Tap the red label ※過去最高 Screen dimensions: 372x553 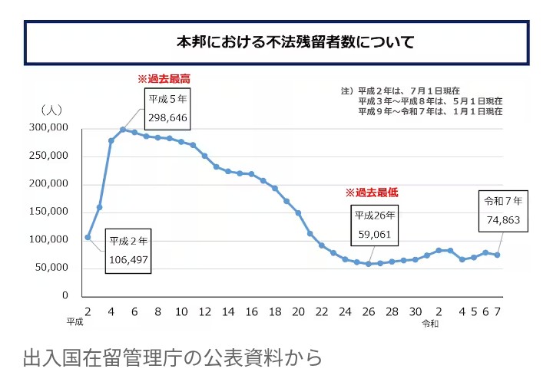click(163, 79)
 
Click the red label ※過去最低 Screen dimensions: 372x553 click(371, 193)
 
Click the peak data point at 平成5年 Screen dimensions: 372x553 click(123, 130)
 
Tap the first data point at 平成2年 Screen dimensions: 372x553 click(88, 237)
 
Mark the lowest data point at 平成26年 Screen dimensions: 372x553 click(369, 264)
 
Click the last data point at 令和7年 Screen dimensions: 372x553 click(497, 255)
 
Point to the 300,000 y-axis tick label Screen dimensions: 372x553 click(48, 128)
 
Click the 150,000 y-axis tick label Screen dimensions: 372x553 click(48, 212)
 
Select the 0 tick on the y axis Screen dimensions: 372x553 click(65, 296)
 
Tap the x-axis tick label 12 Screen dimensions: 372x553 click(204, 312)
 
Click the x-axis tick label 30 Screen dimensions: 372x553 click(415, 312)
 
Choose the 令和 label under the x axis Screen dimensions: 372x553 click(430, 324)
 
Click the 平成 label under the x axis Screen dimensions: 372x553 click(75, 323)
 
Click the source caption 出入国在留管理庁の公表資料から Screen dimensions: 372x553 click(173, 357)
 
